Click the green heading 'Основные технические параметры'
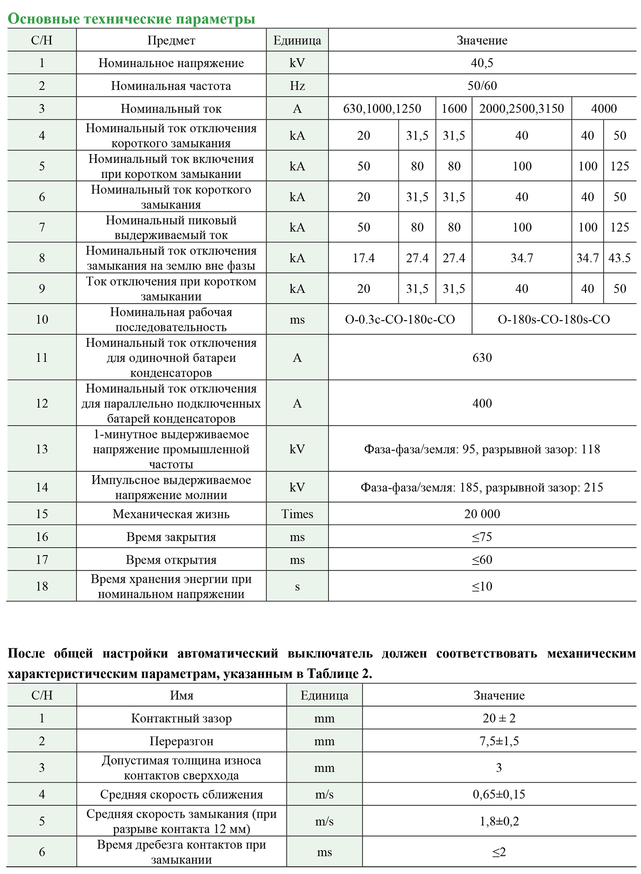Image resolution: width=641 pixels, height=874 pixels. pos(132,19)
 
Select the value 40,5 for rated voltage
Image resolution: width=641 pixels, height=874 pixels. pos(482,63)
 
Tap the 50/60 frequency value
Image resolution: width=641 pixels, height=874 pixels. pos(482,85)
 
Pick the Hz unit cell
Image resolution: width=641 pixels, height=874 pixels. pos(297,85)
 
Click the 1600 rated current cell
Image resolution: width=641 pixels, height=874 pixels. pos(454,109)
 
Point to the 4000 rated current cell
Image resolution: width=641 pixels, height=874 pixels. pos(604,109)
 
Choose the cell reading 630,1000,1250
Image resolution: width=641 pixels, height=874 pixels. pos(382,109)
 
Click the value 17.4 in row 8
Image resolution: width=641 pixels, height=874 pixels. pos(364,258)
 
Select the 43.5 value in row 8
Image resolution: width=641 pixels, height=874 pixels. pos(620,258)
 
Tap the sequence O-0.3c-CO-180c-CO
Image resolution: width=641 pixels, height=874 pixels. pos(400,319)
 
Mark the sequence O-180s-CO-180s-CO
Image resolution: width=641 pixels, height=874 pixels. pos(554,319)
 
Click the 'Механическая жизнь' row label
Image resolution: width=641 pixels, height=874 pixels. pos(171,514)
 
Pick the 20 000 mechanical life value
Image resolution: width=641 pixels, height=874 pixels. pos(482,514)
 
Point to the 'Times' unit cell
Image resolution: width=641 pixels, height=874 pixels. pos(297,514)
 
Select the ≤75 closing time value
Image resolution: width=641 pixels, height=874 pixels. pos(482,537)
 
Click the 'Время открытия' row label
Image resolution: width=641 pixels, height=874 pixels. pos(171,560)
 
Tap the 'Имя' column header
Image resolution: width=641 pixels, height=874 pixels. pos(182,695)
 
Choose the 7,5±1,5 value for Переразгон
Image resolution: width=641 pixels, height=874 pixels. pos(499,741)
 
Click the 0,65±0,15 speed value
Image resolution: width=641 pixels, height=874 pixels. pos(499,794)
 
